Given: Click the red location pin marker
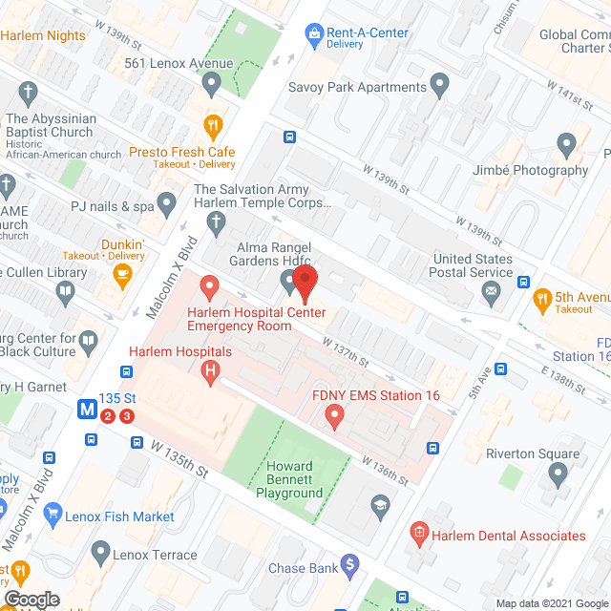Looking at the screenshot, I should tap(305, 283).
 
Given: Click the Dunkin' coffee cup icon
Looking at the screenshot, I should tap(122, 275).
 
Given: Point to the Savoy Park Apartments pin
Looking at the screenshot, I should tap(440, 87).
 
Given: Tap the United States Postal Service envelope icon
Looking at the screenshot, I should tap(492, 292).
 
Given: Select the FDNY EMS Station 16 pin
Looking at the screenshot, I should tap(334, 415).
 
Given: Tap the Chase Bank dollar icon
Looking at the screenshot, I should tap(351, 568).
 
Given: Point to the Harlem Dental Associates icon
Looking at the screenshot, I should tap(418, 535).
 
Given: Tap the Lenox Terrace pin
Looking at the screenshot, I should tap(100, 554).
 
